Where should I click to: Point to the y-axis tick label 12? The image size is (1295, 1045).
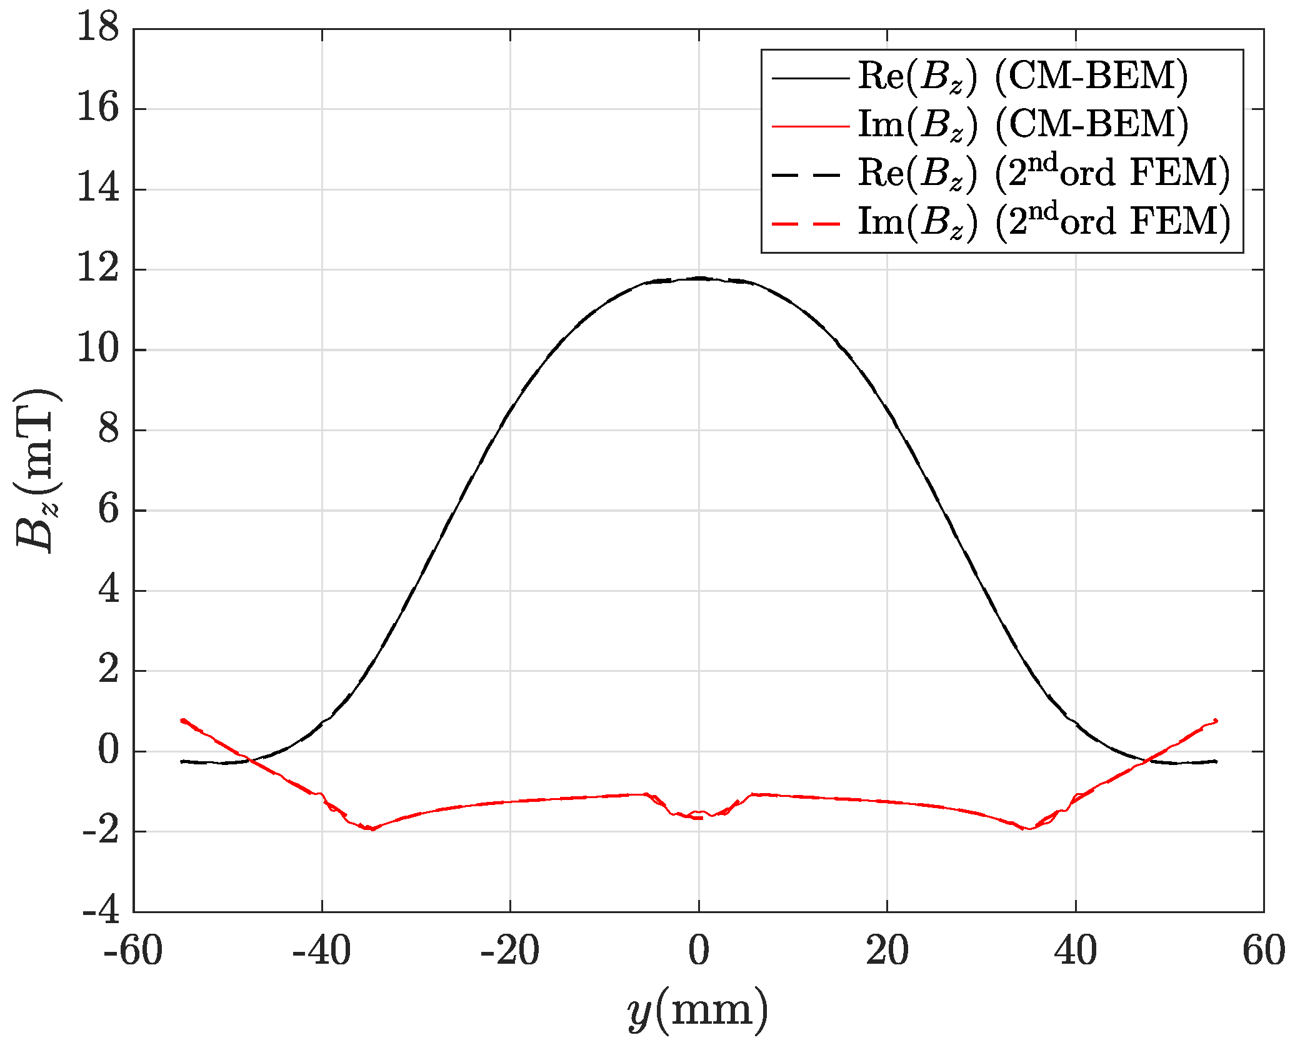97,269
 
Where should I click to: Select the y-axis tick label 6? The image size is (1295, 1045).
108,510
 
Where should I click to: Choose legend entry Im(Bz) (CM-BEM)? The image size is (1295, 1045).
1022,125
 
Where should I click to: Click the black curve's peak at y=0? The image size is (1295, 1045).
699,278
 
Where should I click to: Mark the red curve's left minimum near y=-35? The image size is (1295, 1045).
372,829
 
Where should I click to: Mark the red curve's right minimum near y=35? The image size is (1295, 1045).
1026,829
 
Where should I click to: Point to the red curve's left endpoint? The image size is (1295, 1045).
181,720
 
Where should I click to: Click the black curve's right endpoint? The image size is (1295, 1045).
1216,761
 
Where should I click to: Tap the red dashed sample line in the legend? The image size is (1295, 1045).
810,223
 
